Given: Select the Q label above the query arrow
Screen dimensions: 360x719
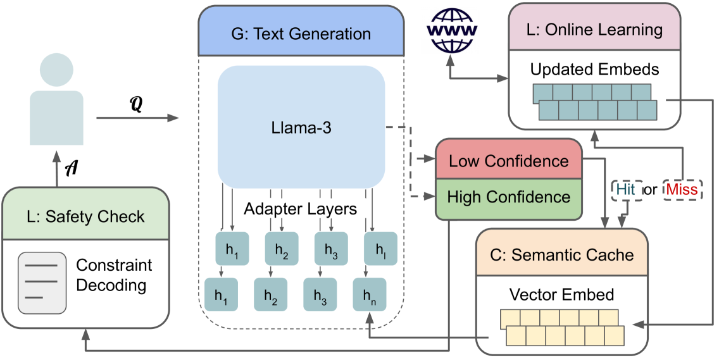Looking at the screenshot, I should pyautogui.click(x=135, y=105).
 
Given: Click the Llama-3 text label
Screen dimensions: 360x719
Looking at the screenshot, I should pyautogui.click(x=301, y=129).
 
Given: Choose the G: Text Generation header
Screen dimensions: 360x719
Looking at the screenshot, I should pyautogui.click(x=301, y=33).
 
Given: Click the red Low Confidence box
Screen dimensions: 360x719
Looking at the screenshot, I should pyautogui.click(x=509, y=161).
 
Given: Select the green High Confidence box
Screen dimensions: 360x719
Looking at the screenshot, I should pyautogui.click(x=509, y=197).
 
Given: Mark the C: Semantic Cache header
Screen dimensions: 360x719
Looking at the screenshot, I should pyautogui.click(x=561, y=255).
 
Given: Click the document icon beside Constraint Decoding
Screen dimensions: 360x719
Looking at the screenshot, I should pyautogui.click(x=42, y=283).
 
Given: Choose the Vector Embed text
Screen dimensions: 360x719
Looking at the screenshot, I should pyautogui.click(x=561, y=294).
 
